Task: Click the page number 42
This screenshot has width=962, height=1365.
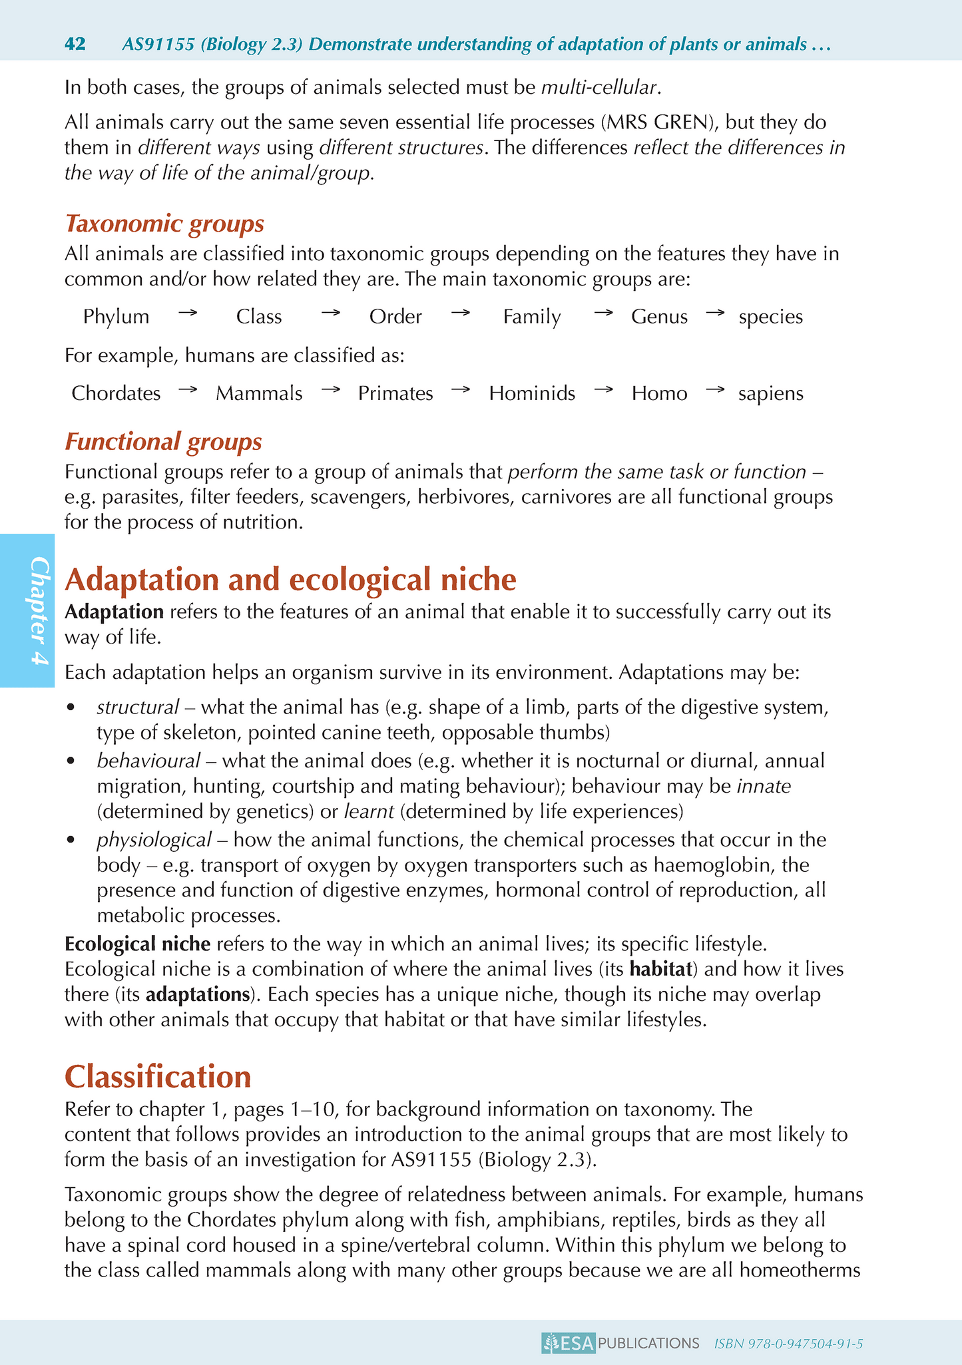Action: [75, 45]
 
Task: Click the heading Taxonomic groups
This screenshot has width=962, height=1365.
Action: [164, 224]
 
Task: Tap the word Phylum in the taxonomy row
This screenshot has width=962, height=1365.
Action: [117, 316]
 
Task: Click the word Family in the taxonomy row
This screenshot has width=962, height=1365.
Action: [532, 316]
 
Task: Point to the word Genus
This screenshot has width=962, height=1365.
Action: [659, 316]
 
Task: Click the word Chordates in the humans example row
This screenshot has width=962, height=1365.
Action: [116, 393]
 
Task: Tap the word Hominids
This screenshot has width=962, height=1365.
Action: [532, 393]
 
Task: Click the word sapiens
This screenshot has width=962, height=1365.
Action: [771, 393]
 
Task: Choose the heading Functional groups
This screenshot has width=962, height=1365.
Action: [163, 441]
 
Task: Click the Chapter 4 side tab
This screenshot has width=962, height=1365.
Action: [27, 610]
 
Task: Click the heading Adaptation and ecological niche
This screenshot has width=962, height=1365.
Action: [290, 580]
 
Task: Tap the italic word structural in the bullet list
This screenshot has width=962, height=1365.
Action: [138, 707]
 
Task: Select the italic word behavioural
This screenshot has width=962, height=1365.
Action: [148, 760]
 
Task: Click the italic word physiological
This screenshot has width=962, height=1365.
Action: [154, 839]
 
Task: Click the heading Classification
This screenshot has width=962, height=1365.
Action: [158, 1076]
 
